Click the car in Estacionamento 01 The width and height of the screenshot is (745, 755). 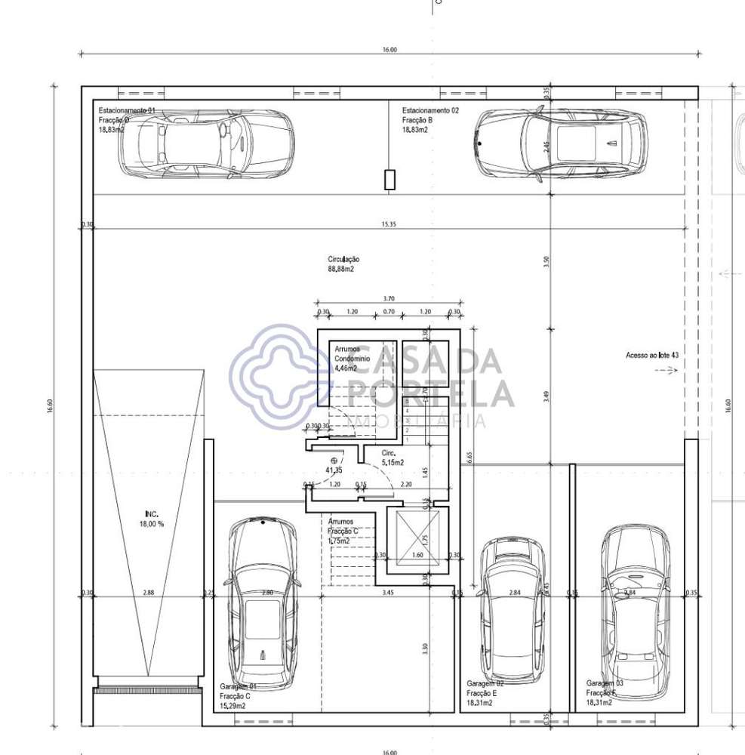[206, 143]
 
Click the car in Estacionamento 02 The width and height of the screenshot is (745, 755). [561, 143]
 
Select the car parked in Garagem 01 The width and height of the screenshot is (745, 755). [262, 602]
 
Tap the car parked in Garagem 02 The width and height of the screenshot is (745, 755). [513, 609]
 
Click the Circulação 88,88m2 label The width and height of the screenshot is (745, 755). [343, 263]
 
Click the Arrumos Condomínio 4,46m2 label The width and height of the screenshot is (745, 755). [352, 359]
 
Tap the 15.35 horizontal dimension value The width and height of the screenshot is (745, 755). [389, 224]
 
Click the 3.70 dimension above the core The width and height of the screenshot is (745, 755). [389, 299]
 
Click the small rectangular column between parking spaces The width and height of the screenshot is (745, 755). [389, 180]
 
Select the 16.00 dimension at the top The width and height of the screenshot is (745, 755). [389, 50]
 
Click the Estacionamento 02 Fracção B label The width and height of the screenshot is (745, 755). [429, 119]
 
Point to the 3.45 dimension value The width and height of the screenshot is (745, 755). [388, 593]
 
